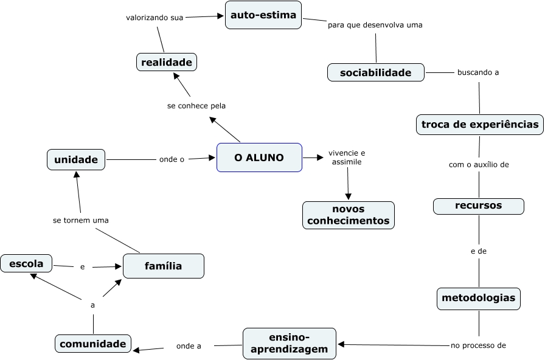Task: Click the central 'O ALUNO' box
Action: click(259, 157)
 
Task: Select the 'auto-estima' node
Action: click(264, 15)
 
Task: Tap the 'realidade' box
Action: click(166, 62)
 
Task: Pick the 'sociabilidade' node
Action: click(375, 73)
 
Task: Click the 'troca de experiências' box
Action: click(480, 125)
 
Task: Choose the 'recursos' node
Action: click(478, 206)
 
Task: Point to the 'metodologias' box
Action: click(478, 298)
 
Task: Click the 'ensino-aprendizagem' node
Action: click(289, 344)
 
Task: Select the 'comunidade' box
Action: click(93, 344)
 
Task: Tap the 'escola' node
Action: click(26, 264)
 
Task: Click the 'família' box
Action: click(163, 266)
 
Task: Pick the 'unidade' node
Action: click(76, 160)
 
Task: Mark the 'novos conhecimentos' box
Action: click(348, 215)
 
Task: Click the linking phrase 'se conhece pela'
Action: click(196, 106)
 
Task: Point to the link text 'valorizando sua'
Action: click(154, 18)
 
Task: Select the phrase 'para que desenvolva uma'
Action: click(375, 25)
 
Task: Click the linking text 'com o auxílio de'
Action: click(479, 164)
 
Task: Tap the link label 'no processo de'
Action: click(478, 345)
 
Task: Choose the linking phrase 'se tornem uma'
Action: click(80, 220)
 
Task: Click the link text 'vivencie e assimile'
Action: click(347, 157)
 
